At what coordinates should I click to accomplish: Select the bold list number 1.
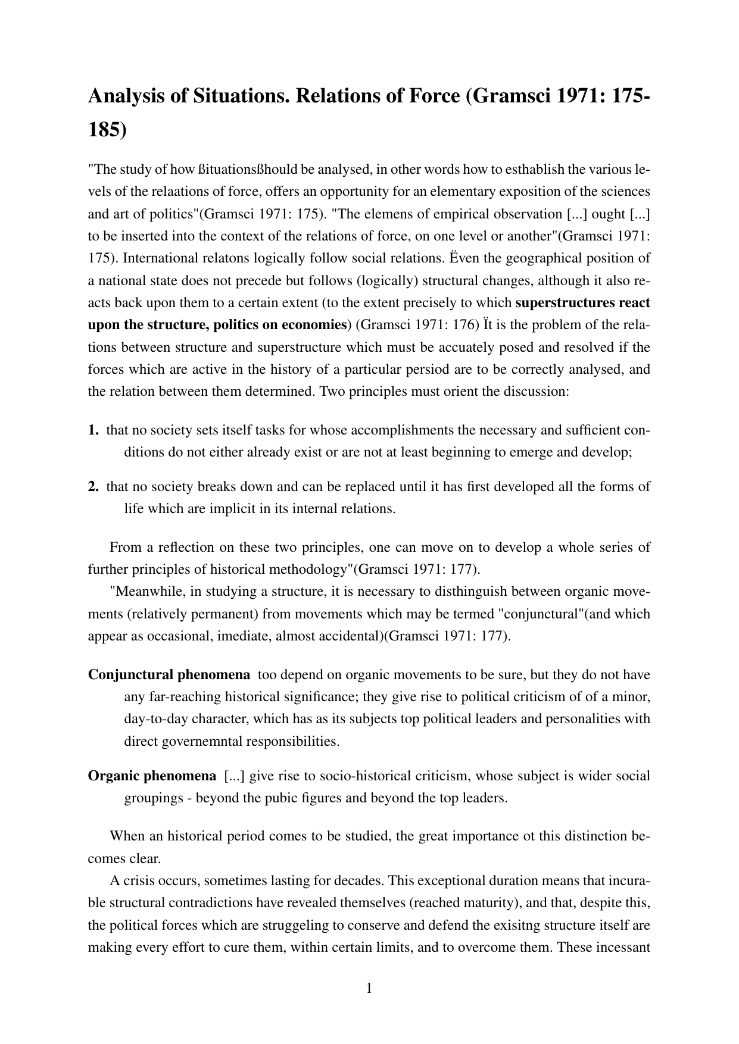tap(93, 430)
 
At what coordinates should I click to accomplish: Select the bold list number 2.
tap(93, 487)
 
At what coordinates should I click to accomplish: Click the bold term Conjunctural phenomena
tap(169, 675)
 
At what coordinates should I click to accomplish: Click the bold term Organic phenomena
tap(152, 776)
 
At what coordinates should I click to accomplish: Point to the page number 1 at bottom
tap(369, 989)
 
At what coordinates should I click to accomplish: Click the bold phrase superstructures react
tap(582, 303)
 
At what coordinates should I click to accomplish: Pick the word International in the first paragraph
tap(151, 258)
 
